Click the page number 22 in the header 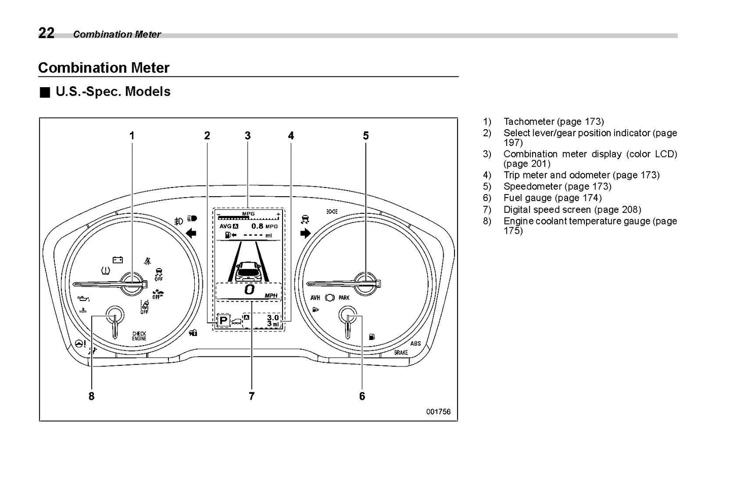click(x=46, y=33)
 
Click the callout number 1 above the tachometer click(x=132, y=136)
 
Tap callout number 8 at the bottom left click(x=91, y=396)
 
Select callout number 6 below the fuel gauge click(x=362, y=396)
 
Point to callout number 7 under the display click(x=252, y=396)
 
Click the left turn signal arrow click(x=192, y=233)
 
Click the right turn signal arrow click(x=305, y=233)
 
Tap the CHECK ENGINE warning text click(x=139, y=336)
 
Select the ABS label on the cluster click(x=415, y=344)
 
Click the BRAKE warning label click(x=401, y=352)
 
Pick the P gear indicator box click(x=223, y=321)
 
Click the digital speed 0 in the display click(x=249, y=289)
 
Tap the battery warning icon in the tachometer click(x=118, y=260)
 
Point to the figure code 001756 click(x=438, y=412)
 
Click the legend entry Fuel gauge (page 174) click(x=552, y=198)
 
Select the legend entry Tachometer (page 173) click(x=553, y=122)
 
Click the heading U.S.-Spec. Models click(x=113, y=92)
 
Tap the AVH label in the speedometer click(x=315, y=298)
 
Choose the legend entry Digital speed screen click(x=572, y=210)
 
